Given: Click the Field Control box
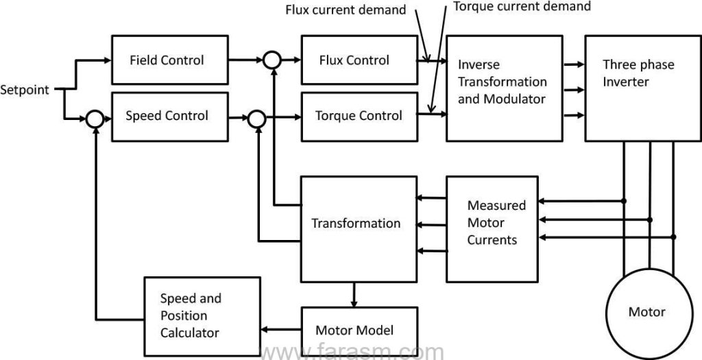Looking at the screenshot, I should coord(167,60).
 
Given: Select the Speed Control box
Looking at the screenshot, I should coord(167,116).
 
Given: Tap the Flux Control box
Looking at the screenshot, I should coord(354,60).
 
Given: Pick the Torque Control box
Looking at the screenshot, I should coord(359,116).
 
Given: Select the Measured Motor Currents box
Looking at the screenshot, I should coord(496,223).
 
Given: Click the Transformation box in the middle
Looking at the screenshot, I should coord(357,223).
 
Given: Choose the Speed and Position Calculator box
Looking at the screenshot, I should coord(202,316).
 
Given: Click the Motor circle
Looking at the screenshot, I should coord(646,312).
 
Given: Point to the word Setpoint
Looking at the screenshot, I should coord(25,90).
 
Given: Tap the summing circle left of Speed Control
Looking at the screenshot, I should coord(95,119).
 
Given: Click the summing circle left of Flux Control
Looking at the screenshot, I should coord(273,60).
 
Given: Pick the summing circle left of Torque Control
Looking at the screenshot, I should coord(256,119).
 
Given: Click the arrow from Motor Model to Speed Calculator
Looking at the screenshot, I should coord(281,330).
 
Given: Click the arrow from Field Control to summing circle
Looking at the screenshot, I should coord(243,60).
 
